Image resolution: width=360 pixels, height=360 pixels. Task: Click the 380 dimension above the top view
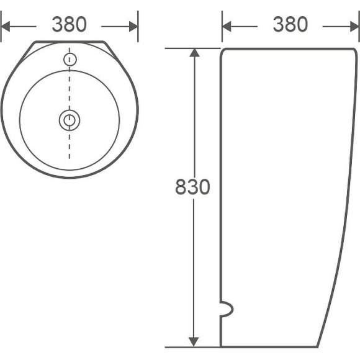(x=69, y=25)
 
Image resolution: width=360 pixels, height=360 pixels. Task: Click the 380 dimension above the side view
(x=290, y=24)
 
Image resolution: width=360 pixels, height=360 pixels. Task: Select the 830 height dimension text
(x=192, y=187)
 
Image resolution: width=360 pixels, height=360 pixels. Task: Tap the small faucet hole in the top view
(x=70, y=60)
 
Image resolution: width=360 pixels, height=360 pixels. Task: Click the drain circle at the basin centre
(x=70, y=119)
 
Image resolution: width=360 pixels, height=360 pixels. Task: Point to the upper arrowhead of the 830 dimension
(x=194, y=53)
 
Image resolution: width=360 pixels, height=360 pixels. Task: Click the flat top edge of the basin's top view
(x=70, y=42)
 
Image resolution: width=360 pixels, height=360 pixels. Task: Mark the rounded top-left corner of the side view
(x=223, y=50)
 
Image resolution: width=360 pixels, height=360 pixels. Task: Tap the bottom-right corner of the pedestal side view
(x=318, y=346)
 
